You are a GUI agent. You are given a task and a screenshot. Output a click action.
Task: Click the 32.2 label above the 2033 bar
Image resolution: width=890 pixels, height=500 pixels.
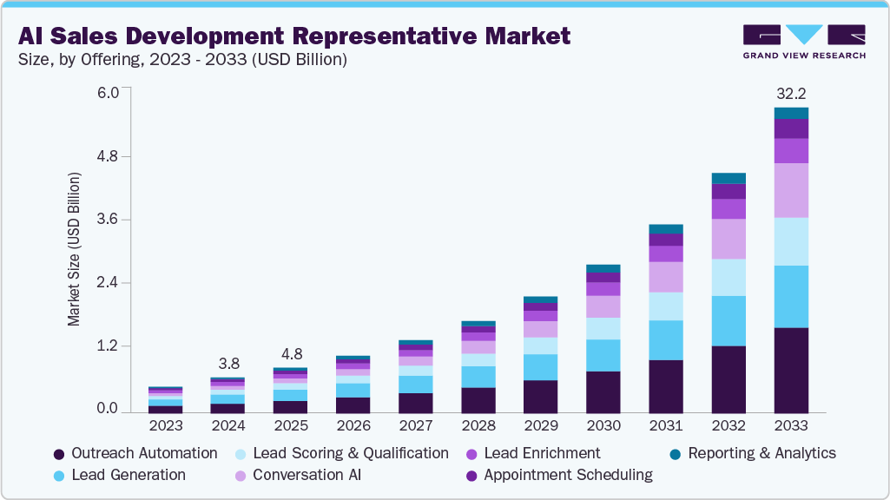(x=791, y=93)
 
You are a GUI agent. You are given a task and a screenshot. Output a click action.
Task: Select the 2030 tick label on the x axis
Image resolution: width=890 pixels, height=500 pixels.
(x=603, y=426)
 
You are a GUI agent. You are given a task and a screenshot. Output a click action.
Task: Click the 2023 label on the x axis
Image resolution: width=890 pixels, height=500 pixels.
(x=166, y=426)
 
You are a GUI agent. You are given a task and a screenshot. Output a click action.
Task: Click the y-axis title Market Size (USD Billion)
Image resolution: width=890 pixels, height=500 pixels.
(x=74, y=249)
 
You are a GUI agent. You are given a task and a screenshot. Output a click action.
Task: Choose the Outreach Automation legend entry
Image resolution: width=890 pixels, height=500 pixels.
(x=136, y=453)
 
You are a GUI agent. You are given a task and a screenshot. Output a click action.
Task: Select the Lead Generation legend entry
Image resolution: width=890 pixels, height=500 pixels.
(x=120, y=475)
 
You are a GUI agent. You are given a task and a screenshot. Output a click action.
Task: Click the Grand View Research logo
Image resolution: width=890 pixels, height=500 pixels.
(x=803, y=42)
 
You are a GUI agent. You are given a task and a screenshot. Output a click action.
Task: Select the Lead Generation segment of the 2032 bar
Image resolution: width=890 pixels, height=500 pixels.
(x=728, y=321)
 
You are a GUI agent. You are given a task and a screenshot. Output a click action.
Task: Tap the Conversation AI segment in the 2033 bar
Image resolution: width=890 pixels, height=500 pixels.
(x=791, y=190)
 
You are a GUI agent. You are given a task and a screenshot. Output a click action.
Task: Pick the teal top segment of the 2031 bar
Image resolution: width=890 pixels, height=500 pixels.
(x=666, y=229)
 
